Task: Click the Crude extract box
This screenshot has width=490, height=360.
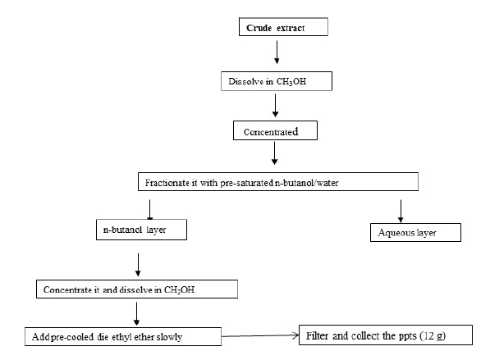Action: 283,27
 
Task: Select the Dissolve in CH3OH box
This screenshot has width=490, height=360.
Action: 277,81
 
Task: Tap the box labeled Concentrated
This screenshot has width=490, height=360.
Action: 275,130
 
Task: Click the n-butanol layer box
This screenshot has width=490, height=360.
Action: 141,230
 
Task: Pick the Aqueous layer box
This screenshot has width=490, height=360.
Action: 415,232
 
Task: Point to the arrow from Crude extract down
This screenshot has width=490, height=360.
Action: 277,52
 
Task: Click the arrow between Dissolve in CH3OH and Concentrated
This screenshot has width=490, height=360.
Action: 275,106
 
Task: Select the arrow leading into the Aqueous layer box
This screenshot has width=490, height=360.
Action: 401,211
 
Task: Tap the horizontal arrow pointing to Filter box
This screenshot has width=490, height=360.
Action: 260,335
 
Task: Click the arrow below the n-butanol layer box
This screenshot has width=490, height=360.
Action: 138,264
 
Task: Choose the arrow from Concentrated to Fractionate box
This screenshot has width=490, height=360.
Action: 274,153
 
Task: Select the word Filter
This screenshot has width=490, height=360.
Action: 317,335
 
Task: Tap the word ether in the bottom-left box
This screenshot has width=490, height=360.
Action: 144,337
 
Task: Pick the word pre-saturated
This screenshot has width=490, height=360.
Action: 247,183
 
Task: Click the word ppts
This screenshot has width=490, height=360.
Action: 408,336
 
